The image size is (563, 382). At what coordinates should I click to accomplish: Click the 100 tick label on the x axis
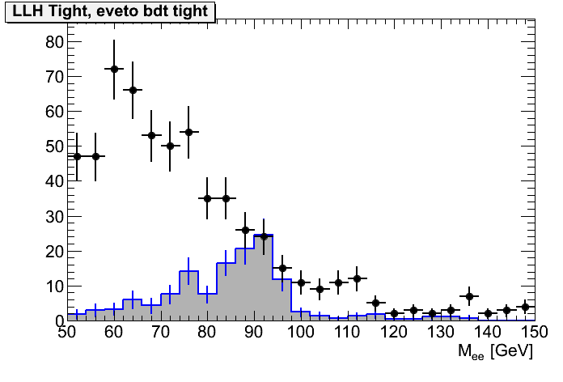pyautogui.click(x=300, y=333)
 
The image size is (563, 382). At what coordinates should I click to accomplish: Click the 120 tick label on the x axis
pyautogui.click(x=394, y=333)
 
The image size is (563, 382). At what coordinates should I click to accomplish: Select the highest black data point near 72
pyautogui.click(x=114, y=69)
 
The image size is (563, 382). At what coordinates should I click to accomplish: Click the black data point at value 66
pyautogui.click(x=133, y=90)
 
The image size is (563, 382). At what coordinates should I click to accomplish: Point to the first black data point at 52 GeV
pyautogui.click(x=77, y=156)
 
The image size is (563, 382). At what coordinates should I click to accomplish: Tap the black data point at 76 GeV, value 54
pyautogui.click(x=188, y=132)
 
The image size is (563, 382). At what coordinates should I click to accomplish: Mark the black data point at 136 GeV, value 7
pyautogui.click(x=469, y=296)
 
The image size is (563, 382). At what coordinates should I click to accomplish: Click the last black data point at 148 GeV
pyautogui.click(x=525, y=307)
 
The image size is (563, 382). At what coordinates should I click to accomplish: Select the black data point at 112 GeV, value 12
pyautogui.click(x=357, y=278)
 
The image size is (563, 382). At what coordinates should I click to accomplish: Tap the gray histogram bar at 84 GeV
pyautogui.click(x=226, y=292)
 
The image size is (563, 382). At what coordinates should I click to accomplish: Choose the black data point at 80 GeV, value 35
pyautogui.click(x=207, y=198)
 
